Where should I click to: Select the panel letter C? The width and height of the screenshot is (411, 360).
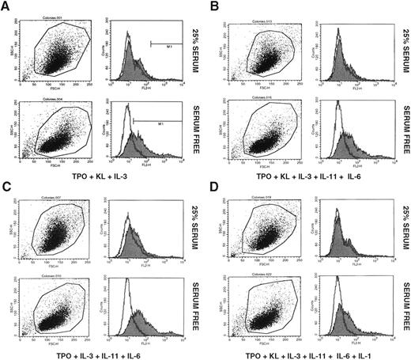[6, 187]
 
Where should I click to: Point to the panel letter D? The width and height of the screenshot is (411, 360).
[214, 187]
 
